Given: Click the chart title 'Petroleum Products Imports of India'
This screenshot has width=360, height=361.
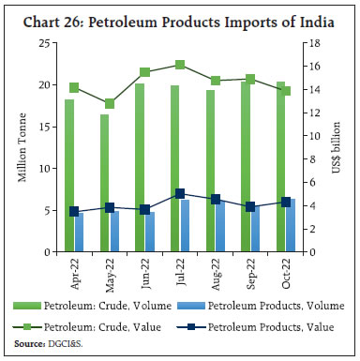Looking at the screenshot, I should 179,12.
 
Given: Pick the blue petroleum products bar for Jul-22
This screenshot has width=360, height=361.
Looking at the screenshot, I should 186,226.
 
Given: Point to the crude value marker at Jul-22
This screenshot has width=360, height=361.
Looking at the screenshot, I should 180,65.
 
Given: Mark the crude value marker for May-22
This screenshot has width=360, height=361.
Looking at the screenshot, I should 110,103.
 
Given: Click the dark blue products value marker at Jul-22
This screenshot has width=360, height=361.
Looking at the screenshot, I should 180,194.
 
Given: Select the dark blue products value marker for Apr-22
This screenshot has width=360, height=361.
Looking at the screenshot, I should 74,212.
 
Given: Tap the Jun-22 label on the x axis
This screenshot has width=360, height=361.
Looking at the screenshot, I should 144,271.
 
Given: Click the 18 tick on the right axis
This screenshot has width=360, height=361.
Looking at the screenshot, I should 316,43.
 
